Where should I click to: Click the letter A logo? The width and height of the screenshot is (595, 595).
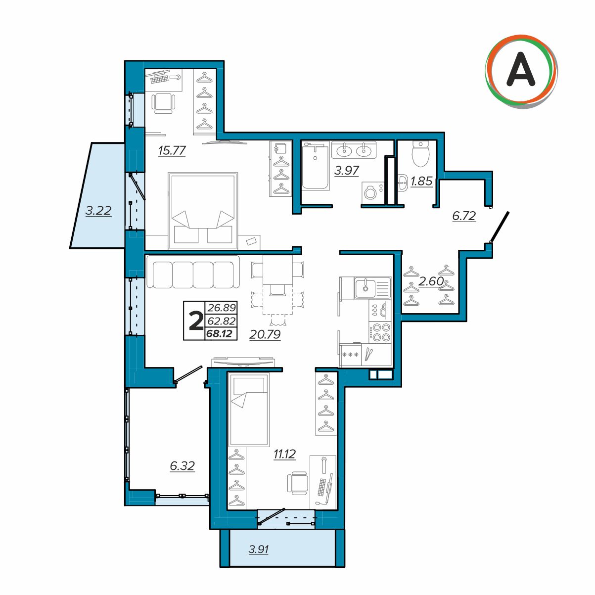click(521, 71)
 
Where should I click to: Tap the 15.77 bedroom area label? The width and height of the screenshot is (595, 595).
click(172, 151)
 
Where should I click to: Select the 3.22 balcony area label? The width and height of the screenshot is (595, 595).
click(98, 211)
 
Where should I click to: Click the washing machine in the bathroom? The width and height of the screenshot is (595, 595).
click(373, 193)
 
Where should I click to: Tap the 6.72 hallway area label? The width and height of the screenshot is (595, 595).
click(464, 216)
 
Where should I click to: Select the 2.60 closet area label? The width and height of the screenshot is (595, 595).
click(431, 281)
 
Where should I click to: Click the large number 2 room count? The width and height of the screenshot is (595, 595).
click(195, 321)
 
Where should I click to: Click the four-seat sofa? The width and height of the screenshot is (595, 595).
click(193, 272)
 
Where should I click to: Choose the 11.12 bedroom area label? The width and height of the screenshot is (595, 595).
click(284, 454)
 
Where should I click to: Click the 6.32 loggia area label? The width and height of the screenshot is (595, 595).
click(182, 465)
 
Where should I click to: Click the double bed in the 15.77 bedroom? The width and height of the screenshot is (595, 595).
click(203, 211)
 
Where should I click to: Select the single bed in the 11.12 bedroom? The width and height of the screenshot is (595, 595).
click(249, 410)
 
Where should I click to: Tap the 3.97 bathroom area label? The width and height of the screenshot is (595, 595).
click(346, 171)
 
